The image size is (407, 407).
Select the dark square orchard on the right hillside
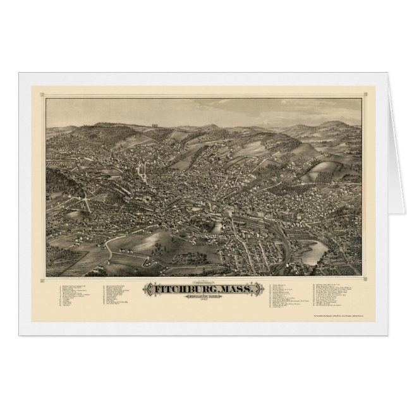pos(329,167)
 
